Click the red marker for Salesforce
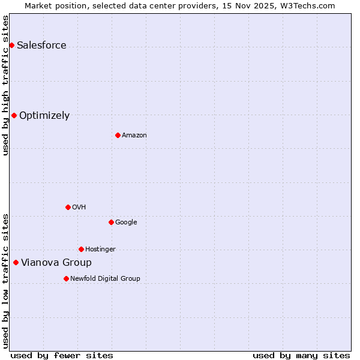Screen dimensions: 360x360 tap(11, 46)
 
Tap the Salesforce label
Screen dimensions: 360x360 tap(41, 46)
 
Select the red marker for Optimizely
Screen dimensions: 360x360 tap(14, 116)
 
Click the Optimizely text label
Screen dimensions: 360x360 tap(44, 116)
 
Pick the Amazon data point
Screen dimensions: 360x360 tap(118, 136)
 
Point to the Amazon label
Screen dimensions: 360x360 tap(134, 136)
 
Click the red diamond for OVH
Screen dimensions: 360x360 tap(68, 208)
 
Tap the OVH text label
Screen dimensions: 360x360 tap(79, 208)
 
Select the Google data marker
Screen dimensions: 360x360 tap(111, 223)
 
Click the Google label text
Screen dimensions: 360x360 tap(126, 223)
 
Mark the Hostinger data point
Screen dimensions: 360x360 tap(81, 250)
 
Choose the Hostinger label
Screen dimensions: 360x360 tap(100, 250)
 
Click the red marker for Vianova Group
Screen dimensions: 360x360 tap(16, 263)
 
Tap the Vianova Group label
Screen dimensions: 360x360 tap(56, 263)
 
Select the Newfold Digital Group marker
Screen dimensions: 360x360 tap(66, 279)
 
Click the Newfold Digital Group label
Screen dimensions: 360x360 tap(105, 279)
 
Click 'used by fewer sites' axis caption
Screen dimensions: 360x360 tap(62, 355)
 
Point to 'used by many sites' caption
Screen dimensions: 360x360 tap(301, 355)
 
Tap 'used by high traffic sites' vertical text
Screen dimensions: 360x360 tap(5, 85)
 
